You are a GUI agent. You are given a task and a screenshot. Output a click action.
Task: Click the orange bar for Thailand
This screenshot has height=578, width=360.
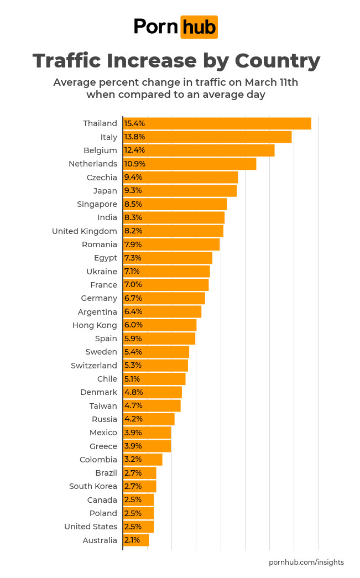(x=217, y=123)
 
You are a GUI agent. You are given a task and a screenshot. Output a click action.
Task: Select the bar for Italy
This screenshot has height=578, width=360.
(x=207, y=137)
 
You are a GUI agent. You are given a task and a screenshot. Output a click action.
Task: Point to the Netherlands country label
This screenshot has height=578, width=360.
(x=93, y=164)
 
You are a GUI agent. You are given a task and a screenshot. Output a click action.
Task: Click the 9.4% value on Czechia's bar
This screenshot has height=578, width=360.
(x=133, y=178)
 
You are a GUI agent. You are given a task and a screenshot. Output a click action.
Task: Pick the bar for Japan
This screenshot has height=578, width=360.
(x=180, y=191)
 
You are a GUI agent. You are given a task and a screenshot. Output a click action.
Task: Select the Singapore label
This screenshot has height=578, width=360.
(x=97, y=204)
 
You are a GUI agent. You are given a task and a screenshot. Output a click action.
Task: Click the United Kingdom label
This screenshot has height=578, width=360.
(x=85, y=231)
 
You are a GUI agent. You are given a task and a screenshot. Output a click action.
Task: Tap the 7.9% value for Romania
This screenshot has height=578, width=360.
(x=133, y=244)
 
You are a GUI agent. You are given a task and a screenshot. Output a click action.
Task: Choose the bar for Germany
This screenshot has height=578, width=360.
(x=164, y=298)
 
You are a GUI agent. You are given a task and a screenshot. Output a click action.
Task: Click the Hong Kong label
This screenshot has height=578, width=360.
(x=95, y=325)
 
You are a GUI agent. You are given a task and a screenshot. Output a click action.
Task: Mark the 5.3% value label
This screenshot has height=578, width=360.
(x=133, y=366)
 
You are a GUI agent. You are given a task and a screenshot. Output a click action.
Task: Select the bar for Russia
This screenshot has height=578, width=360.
(x=149, y=419)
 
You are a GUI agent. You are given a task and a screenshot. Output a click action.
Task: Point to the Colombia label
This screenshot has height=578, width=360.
(x=98, y=460)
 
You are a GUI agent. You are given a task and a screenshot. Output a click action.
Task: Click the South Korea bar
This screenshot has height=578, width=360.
(x=140, y=486)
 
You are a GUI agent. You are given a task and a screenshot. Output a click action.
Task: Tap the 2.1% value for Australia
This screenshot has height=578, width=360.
(x=132, y=540)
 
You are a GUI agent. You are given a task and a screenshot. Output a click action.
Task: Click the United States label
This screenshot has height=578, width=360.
(x=91, y=527)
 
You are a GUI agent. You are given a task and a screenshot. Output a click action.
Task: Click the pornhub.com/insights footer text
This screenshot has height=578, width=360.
(x=306, y=562)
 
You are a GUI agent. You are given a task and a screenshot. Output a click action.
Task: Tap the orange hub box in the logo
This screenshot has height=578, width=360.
(x=199, y=27)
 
